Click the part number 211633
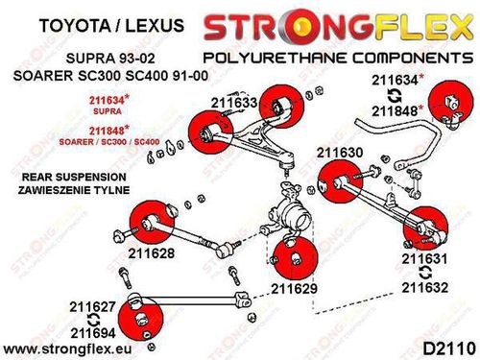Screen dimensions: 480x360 [234, 103]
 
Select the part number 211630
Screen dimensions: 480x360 [340, 153]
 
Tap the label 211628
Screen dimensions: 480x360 [152, 253]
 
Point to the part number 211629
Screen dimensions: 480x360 [295, 289]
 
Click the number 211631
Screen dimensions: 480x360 [425, 259]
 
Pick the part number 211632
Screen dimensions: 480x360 [425, 288]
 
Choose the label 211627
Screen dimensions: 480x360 [92, 307]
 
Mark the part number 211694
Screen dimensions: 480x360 [93, 333]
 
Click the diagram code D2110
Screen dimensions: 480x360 [449, 348]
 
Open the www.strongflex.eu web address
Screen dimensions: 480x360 [67, 348]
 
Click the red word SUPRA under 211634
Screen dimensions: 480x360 [108, 111]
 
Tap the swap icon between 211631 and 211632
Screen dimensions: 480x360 [425, 273]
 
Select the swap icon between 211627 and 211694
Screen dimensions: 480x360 [93, 320]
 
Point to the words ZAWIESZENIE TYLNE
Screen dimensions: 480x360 [74, 190]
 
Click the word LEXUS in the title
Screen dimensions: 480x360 [155, 25]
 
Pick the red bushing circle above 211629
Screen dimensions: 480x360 [295, 260]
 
